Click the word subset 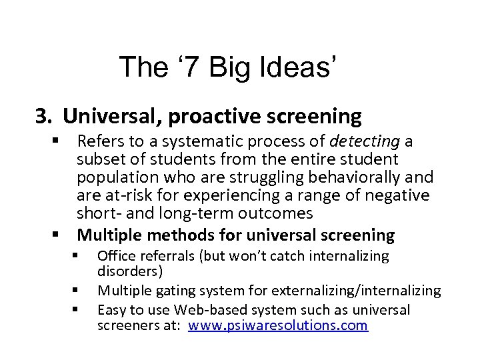(x=100, y=160)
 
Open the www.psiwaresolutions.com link (x=277, y=325)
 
